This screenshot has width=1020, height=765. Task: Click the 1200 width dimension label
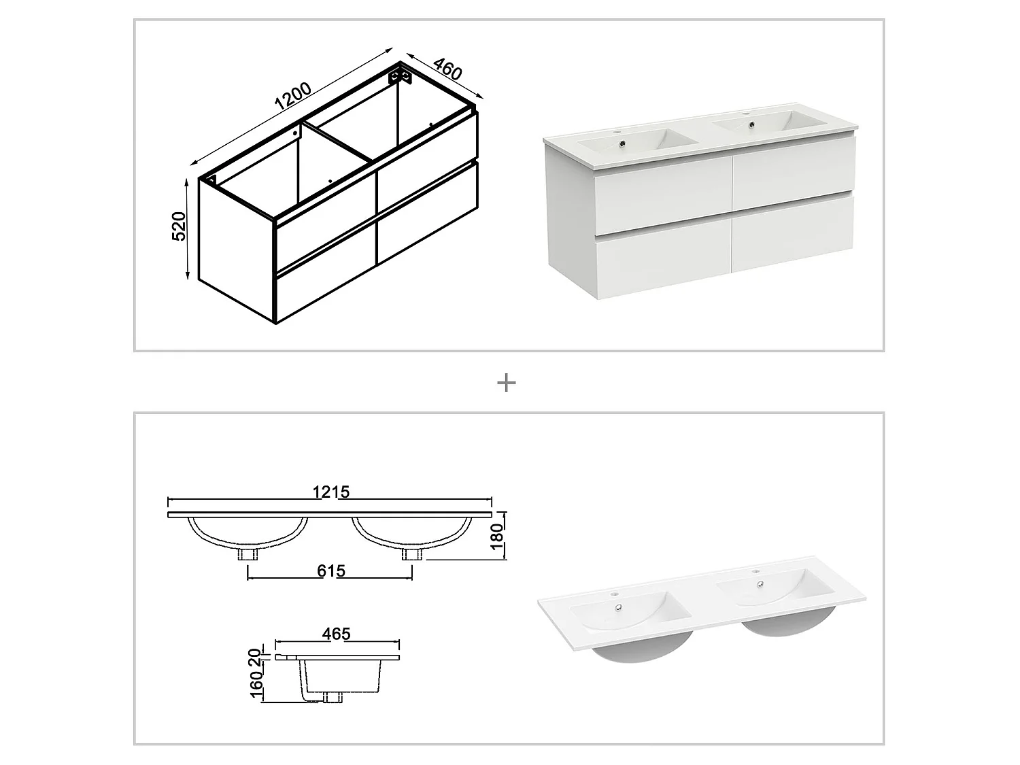293,97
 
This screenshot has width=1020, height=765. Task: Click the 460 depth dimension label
447,71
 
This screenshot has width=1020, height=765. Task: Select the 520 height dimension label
179,226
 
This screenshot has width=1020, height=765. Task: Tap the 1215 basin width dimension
331,492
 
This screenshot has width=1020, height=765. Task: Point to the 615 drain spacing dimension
330,571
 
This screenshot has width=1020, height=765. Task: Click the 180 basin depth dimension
497,537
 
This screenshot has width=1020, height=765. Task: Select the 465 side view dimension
336,634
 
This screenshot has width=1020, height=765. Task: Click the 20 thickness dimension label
255,657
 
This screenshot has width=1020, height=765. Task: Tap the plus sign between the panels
507,383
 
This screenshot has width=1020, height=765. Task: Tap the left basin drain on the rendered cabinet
622,143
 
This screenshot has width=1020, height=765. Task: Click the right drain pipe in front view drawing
409,554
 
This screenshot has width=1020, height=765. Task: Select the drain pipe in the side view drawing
331,696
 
